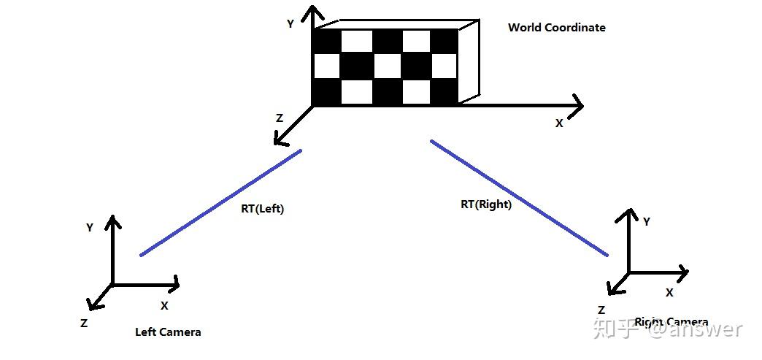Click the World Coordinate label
tap(556, 28)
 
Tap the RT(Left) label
tap(262, 209)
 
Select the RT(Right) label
tap(485, 204)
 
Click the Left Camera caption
tap(168, 332)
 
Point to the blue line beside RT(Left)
tap(220, 202)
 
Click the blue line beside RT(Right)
tap(518, 197)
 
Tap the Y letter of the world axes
tap(290, 23)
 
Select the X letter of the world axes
tap(559, 123)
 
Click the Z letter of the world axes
tap(279, 118)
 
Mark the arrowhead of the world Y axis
tap(314, 12)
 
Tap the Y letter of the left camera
tap(90, 227)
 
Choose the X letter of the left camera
tap(164, 305)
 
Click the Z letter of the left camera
tap(85, 323)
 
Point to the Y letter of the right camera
tap(647, 221)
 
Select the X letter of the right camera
tap(669, 292)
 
